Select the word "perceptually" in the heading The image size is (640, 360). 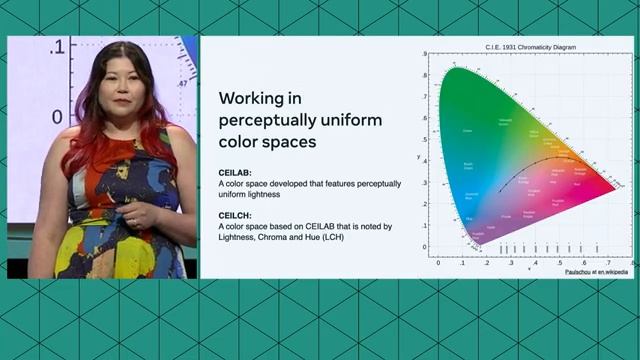[268, 121]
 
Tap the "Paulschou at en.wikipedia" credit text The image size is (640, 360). [596, 271]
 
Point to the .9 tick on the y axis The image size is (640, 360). [424, 54]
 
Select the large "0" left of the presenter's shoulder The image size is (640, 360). [57, 116]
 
